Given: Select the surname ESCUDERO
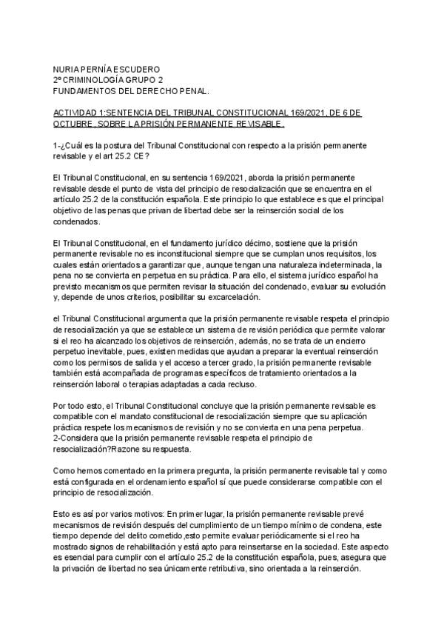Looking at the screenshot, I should [135, 68].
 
